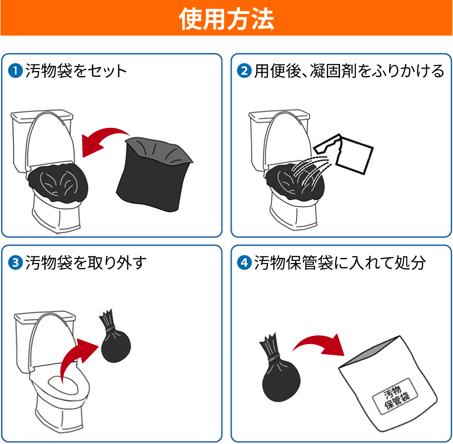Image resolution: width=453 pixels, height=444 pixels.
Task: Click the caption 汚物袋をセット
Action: [76, 71]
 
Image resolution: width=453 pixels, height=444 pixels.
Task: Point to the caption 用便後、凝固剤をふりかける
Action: [349, 71]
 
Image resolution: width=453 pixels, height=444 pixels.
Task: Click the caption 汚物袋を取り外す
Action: [86, 263]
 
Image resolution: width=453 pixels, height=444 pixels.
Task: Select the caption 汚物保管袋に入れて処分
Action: [340, 263]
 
